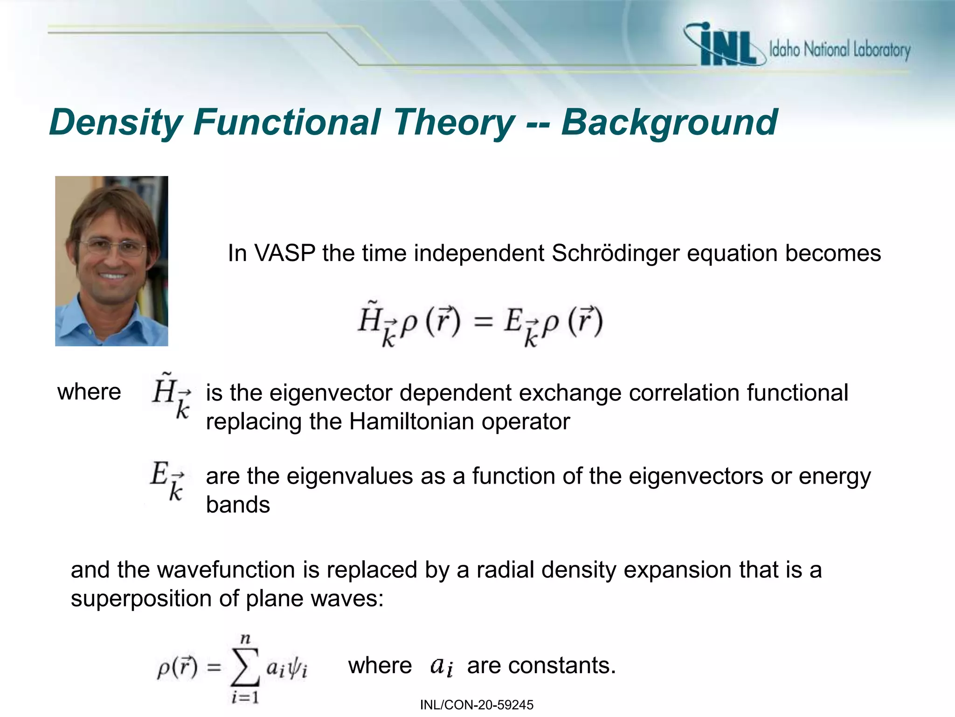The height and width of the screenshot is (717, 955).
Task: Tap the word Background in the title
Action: (669, 122)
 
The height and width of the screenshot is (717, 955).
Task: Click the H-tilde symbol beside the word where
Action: (170, 394)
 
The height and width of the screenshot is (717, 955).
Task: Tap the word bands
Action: (238, 505)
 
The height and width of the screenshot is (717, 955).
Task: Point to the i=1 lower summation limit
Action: (245, 697)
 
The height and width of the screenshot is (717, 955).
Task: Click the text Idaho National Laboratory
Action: (839, 49)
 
